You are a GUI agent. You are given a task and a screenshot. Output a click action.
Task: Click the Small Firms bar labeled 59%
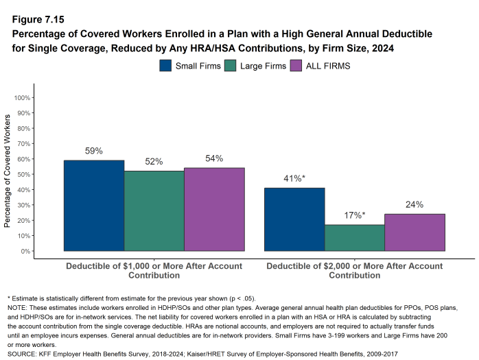coord(94,206)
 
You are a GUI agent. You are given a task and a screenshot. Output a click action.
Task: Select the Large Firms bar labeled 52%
coord(154,211)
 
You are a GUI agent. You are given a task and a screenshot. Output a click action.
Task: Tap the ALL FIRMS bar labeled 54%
coord(214,209)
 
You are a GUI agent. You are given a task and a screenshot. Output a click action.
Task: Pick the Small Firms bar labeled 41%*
coord(294,219)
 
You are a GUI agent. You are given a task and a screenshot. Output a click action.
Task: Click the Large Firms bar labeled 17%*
coord(354,238)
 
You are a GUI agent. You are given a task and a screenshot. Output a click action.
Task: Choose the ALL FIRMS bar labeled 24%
coord(414,232)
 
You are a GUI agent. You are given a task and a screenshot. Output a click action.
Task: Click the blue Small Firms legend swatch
coord(166,66)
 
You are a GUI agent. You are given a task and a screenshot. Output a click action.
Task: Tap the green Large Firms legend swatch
coord(230,66)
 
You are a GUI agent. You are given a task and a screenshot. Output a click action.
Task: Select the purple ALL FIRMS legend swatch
coord(296,66)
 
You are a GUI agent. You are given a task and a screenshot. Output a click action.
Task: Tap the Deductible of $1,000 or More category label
coord(154,270)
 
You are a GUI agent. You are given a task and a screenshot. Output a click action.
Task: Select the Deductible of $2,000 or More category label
coord(354,270)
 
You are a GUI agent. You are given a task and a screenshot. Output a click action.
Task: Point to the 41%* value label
coord(294,179)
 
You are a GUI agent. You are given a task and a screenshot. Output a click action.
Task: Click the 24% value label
coord(414,204)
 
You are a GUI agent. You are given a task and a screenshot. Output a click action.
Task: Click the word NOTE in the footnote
coord(17,307)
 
